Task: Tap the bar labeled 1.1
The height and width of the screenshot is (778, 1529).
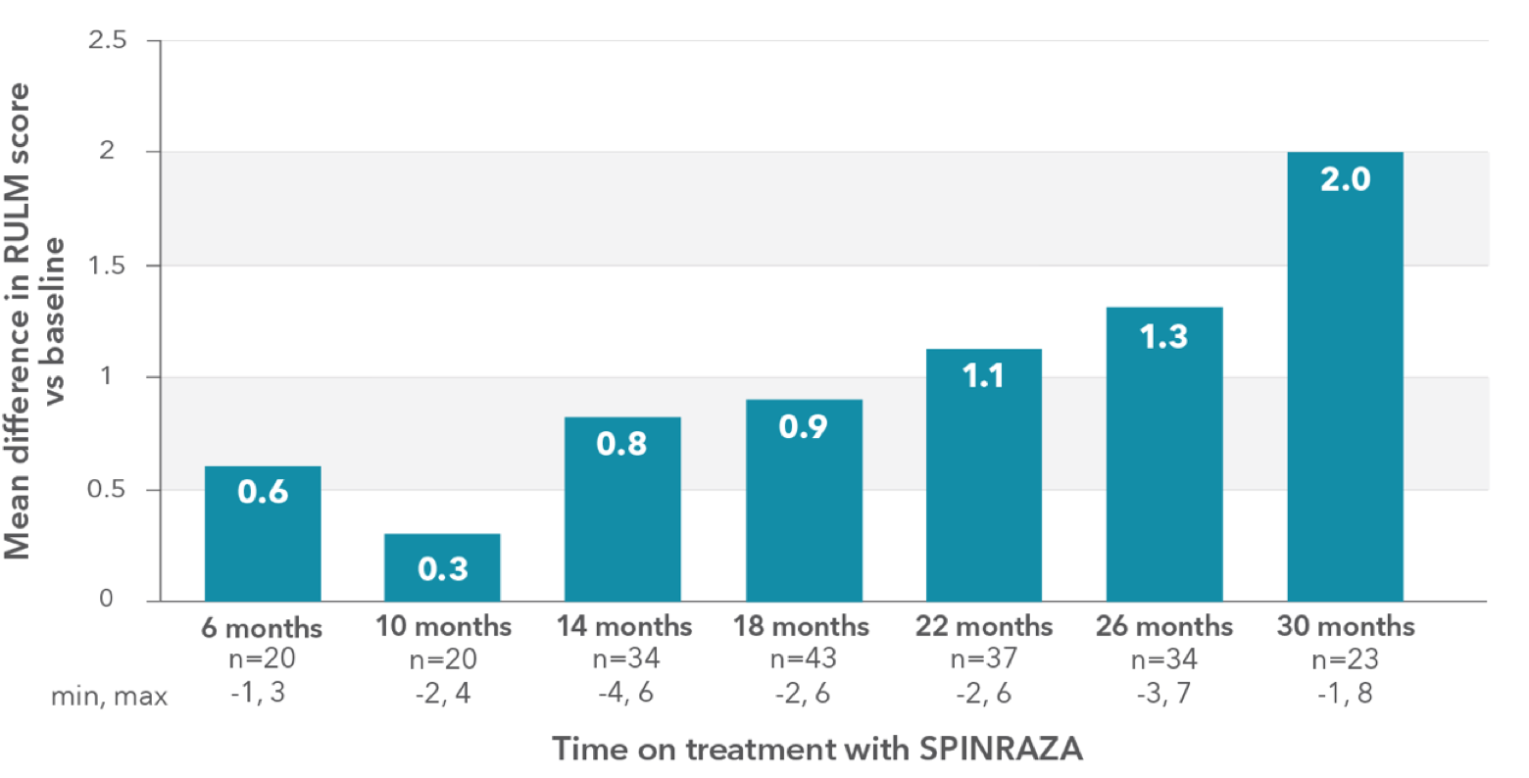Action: pyautogui.click(x=983, y=480)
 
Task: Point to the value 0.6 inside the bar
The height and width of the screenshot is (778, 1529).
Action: pyautogui.click(x=263, y=492)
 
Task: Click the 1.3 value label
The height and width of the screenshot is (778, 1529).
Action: pyautogui.click(x=1164, y=337)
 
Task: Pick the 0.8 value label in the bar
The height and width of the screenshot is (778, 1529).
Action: pyautogui.click(x=622, y=444)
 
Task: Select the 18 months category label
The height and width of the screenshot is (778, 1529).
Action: pyautogui.click(x=802, y=626)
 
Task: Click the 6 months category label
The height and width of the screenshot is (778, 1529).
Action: pyautogui.click(x=262, y=627)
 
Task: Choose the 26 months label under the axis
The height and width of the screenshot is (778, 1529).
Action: pyautogui.click(x=1164, y=626)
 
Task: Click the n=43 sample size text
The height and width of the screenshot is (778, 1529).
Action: pyautogui.click(x=802, y=659)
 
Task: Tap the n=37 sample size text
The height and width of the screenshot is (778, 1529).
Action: pyautogui.click(x=983, y=659)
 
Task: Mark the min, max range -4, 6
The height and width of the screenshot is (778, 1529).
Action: pyautogui.click(x=622, y=694)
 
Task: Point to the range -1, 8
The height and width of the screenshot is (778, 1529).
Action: pyautogui.click(x=1345, y=694)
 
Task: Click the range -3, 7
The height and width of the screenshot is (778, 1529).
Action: pyautogui.click(x=1164, y=694)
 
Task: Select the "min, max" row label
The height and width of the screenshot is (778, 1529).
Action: pyautogui.click(x=109, y=696)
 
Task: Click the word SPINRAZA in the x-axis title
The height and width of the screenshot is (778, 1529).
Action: pyautogui.click(x=1001, y=749)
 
